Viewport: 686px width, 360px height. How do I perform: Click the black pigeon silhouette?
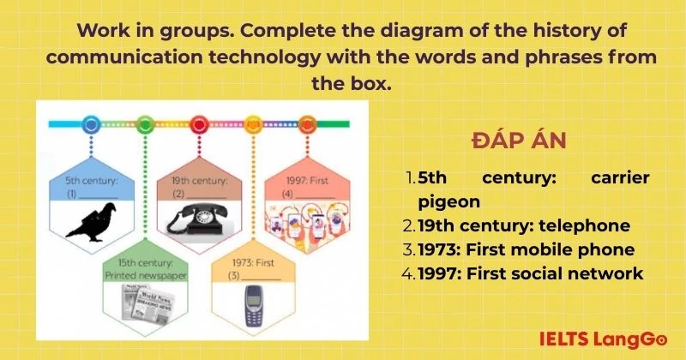(92, 221)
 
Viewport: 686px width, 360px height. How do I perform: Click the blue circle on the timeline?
(91, 124)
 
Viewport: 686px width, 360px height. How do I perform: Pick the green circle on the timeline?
(145, 124)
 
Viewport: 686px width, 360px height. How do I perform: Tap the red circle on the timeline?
(199, 124)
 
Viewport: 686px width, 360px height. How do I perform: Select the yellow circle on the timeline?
(253, 124)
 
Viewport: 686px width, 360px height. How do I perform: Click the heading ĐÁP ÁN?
(519, 141)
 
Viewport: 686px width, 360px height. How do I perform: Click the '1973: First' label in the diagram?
(253, 262)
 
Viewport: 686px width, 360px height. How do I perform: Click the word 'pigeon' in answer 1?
(448, 202)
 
